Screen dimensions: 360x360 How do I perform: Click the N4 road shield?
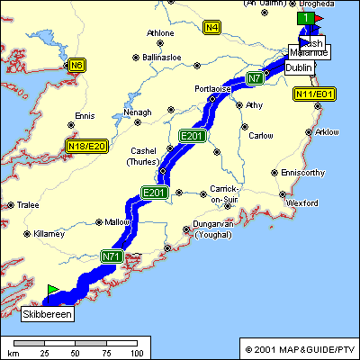click(211, 28)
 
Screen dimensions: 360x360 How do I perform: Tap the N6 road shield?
click(78, 65)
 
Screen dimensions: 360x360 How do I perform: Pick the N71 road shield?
click(112, 257)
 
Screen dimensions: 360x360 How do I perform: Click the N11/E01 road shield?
click(314, 94)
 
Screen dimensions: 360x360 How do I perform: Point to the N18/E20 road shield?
click(86, 146)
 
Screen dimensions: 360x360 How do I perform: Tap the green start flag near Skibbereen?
click(52, 290)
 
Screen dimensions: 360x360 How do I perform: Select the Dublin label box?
click(300, 67)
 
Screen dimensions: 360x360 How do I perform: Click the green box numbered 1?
click(306, 18)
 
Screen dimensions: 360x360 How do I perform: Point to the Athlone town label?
click(160, 33)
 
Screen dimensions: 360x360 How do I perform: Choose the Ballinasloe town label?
click(162, 57)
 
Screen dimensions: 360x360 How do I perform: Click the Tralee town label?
click(27, 205)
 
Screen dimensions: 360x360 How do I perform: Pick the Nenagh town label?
click(138, 112)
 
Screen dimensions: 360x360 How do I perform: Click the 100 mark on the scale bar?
click(137, 353)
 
